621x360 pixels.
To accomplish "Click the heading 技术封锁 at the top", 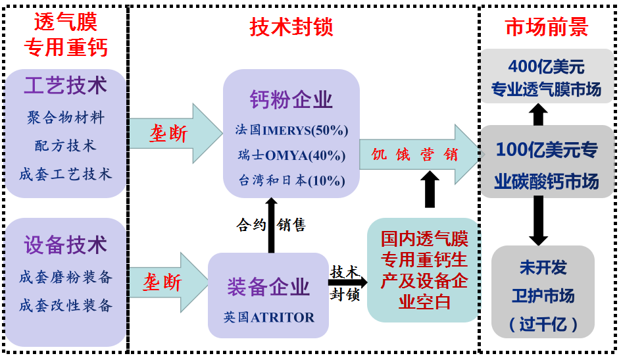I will click(291, 26).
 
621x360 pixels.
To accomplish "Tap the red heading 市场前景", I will click(546, 26).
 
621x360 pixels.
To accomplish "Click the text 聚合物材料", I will click(65, 117).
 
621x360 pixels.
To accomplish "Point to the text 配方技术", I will click(65, 145).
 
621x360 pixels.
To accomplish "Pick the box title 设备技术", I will click(65, 245).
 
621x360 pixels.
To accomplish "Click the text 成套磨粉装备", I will click(65, 277).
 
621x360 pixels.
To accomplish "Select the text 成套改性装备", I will click(65, 305).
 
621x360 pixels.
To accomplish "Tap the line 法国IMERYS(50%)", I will click(291, 130).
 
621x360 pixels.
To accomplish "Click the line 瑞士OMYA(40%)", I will click(291, 155).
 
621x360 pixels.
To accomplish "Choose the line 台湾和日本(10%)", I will click(291, 180).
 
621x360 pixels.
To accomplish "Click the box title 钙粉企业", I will click(291, 99).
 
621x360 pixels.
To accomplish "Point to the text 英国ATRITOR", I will click(268, 317).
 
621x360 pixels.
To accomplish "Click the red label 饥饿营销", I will click(414, 154).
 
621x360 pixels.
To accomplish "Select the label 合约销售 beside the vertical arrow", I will click(271, 225).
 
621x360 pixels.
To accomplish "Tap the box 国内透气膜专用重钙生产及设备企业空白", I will click(424, 270).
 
